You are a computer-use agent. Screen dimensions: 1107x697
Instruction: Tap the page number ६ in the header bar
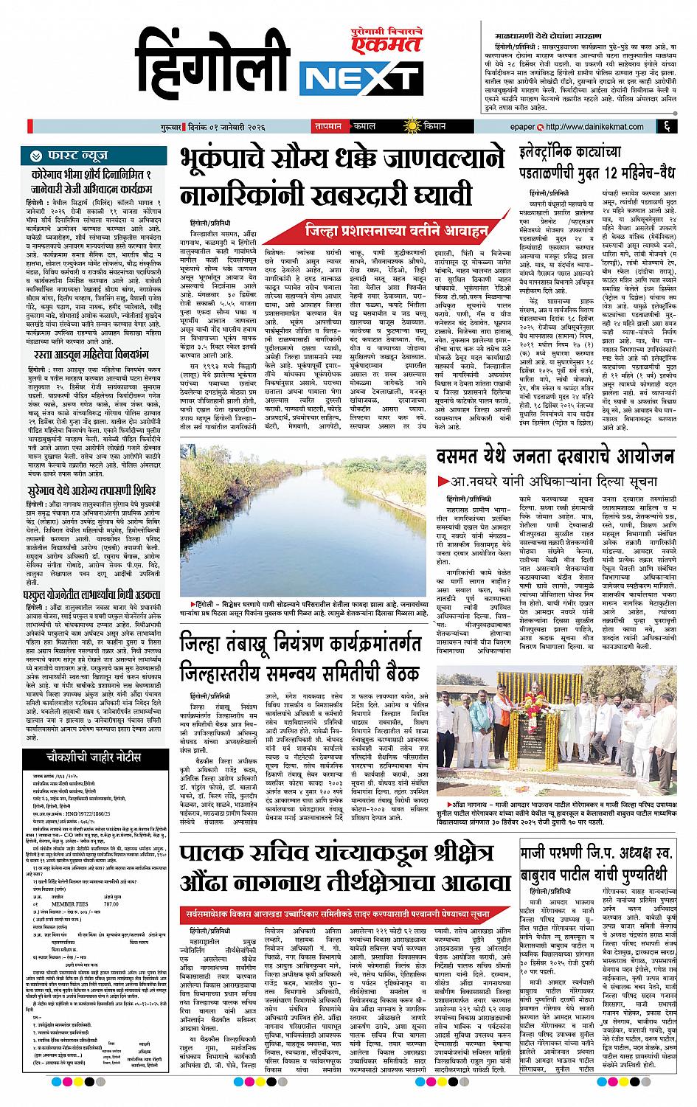coord(665,127)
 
